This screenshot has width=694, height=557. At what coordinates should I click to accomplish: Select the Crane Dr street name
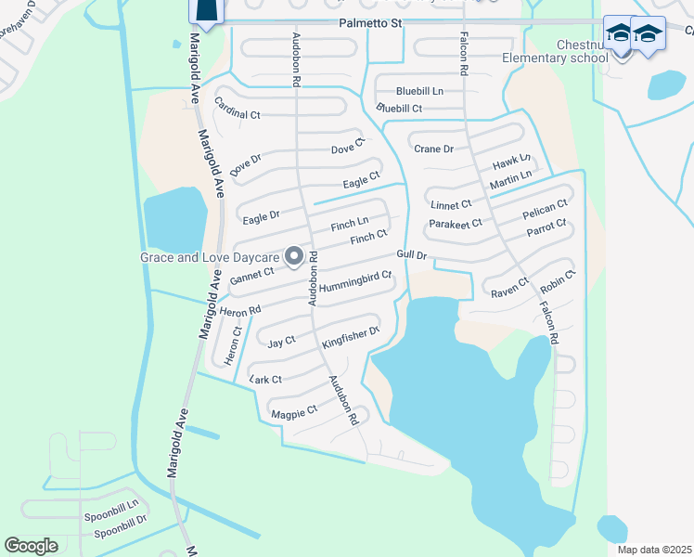pyautogui.click(x=433, y=149)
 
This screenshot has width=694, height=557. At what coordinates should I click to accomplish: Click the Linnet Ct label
pyautogui.click(x=452, y=204)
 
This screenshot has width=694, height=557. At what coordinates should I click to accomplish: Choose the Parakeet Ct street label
pyautogui.click(x=456, y=224)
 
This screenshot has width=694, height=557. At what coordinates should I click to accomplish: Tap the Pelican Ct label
pyautogui.click(x=545, y=210)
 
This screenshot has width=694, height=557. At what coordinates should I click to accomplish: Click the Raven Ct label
pyautogui.click(x=510, y=286)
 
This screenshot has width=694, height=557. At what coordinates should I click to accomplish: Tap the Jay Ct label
pyautogui.click(x=281, y=343)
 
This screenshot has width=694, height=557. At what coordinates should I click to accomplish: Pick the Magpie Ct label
pyautogui.click(x=293, y=409)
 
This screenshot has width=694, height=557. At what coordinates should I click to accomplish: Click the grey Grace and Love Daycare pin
pyautogui.click(x=295, y=256)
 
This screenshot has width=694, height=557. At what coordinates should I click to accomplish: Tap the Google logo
pyautogui.click(x=32, y=545)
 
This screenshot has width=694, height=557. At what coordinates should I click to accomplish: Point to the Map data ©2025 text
pyautogui.click(x=654, y=550)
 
